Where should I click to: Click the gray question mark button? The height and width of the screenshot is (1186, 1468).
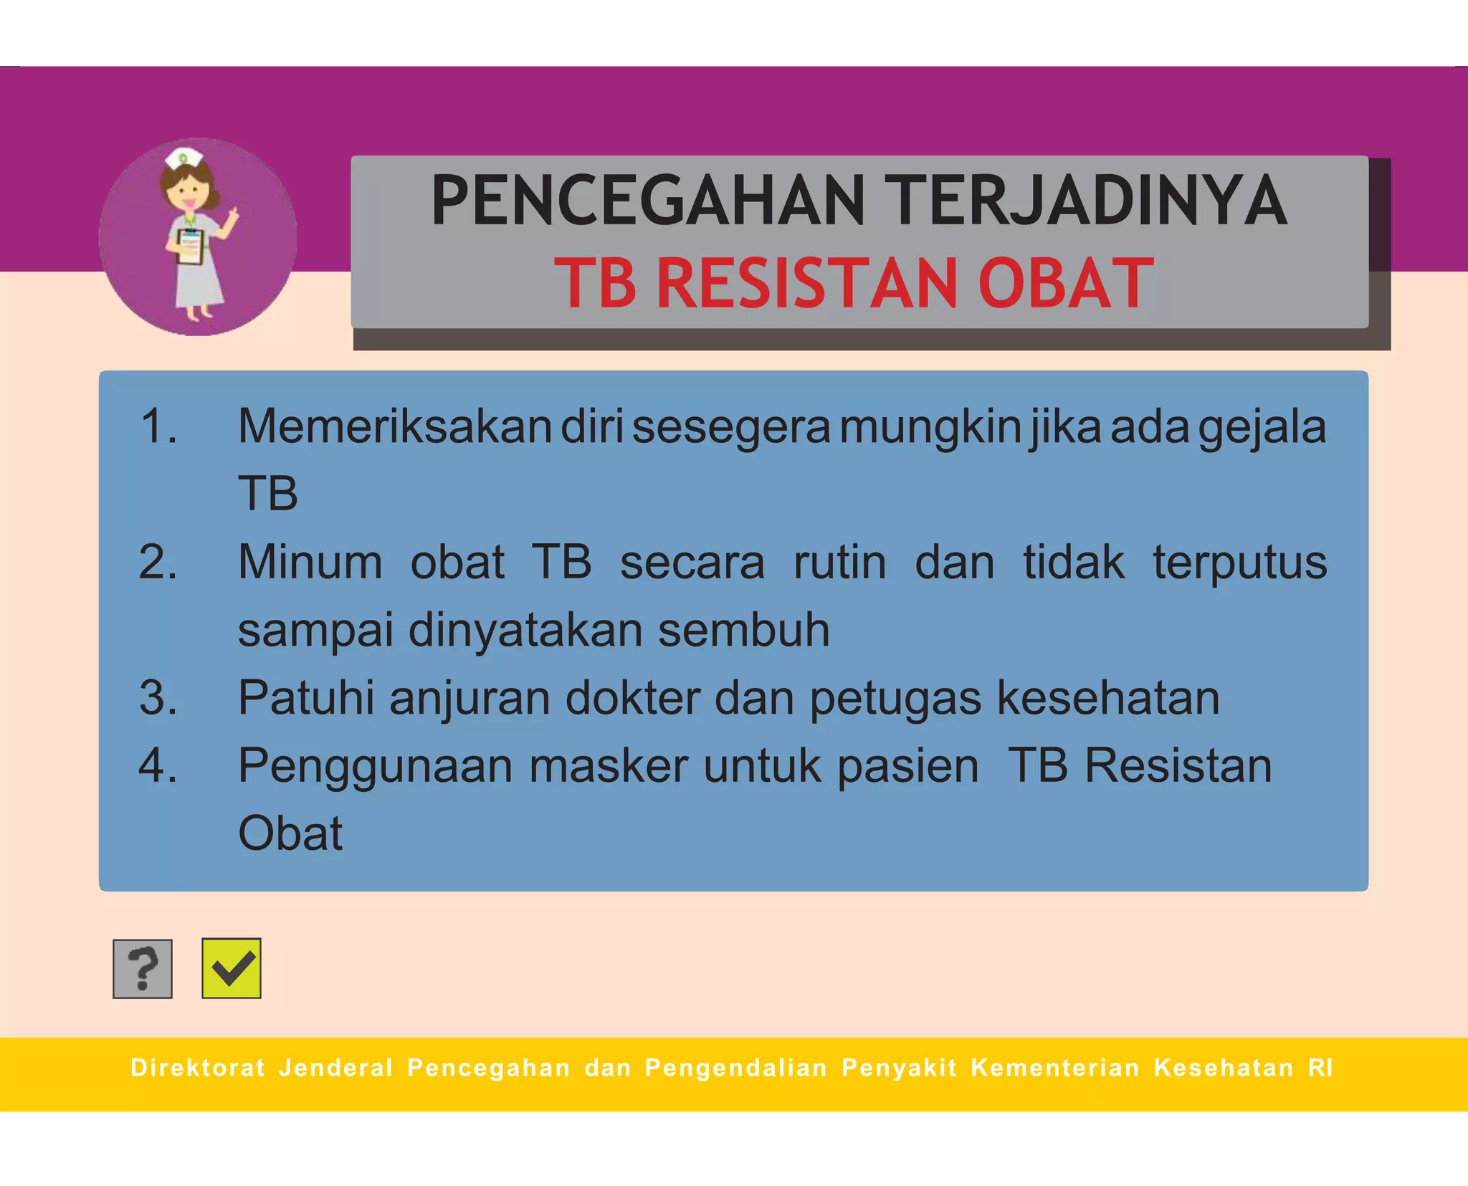(x=143, y=968)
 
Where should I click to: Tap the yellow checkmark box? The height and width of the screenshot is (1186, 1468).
(x=232, y=968)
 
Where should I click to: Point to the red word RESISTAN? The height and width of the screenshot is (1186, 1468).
(x=807, y=283)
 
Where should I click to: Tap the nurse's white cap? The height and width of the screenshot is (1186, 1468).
(x=183, y=158)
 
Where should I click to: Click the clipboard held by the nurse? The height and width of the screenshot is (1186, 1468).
(x=190, y=247)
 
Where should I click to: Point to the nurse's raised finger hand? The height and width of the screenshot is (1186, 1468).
(x=231, y=215)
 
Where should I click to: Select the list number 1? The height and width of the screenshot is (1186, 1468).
(x=158, y=426)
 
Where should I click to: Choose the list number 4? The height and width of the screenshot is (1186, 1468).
(x=158, y=765)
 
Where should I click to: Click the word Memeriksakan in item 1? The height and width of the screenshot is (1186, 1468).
(x=394, y=426)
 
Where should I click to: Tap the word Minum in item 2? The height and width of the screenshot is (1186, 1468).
(x=310, y=562)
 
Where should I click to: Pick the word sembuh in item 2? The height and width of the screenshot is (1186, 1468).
(x=743, y=630)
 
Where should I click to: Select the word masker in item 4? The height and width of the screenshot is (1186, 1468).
(x=609, y=765)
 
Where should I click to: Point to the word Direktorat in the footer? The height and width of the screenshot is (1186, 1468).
(x=198, y=1068)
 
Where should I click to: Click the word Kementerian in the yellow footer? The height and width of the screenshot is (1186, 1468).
(x=1055, y=1068)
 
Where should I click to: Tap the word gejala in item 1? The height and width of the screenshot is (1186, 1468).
(x=1262, y=428)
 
